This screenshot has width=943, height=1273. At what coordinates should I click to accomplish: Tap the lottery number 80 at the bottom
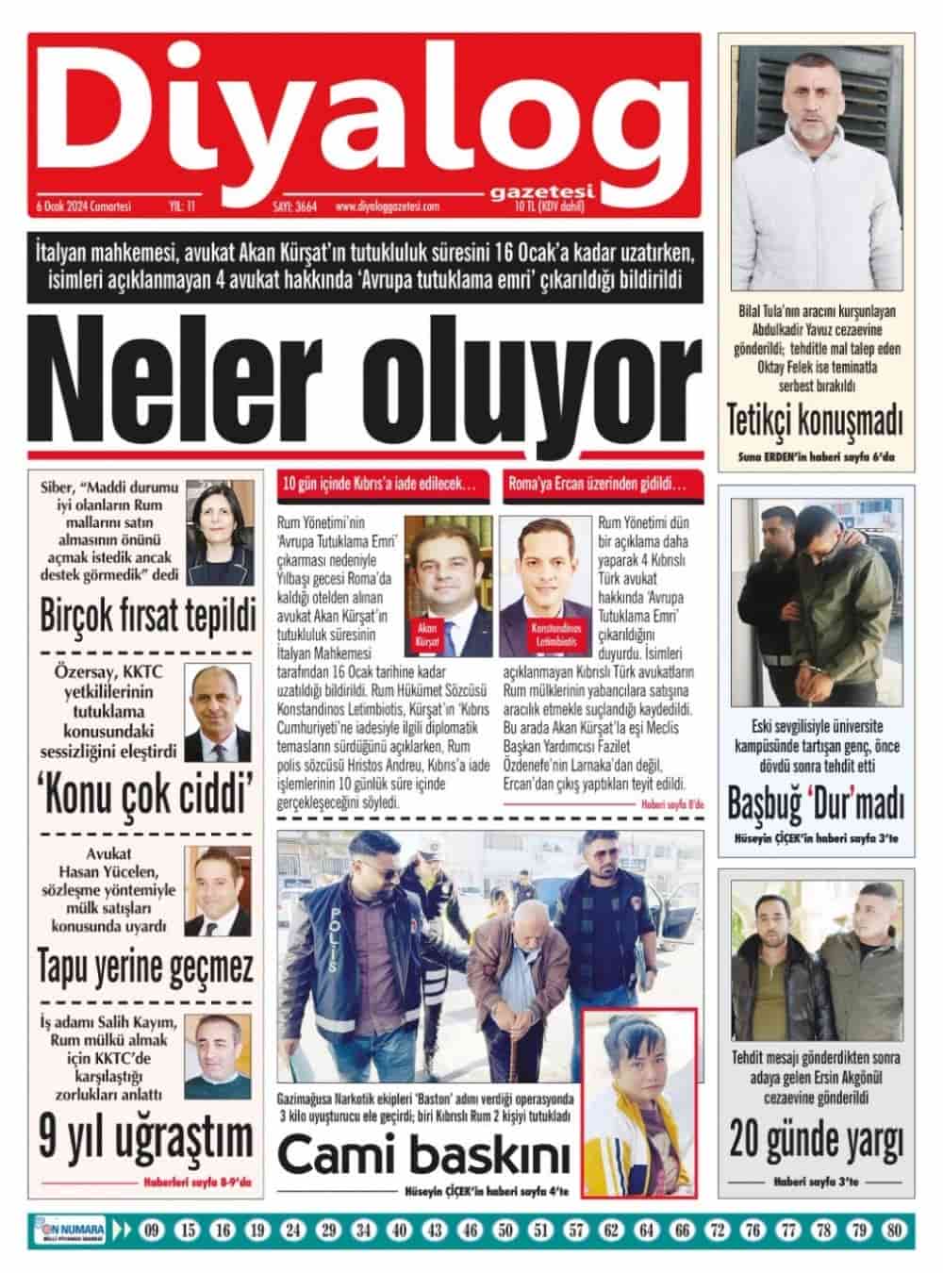pos(895,1230)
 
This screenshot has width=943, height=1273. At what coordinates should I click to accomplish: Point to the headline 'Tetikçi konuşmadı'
pos(814,422)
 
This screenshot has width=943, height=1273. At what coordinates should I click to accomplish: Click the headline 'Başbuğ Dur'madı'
pos(815,804)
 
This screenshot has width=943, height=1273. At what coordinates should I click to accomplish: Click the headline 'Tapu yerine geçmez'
pos(146,968)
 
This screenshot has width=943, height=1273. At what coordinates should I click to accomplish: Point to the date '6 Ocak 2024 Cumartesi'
pos(82,206)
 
